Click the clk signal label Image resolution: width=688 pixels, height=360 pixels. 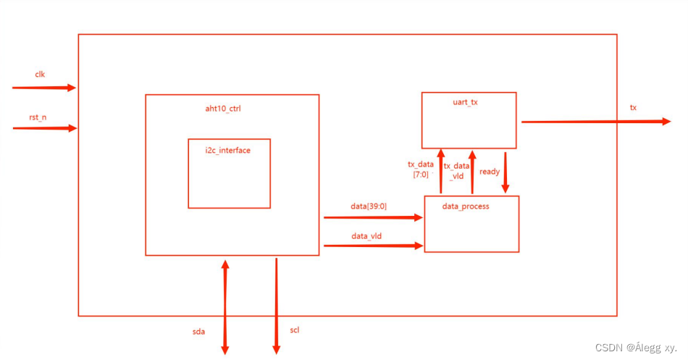[x=41, y=75]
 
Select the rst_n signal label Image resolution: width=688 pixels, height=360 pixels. [x=38, y=117]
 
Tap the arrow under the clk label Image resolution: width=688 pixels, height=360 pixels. [x=43, y=88]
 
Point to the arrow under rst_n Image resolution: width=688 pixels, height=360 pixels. [x=43, y=128]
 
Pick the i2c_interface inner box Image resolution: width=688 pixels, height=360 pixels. [x=229, y=173]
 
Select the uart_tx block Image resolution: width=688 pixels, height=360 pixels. [x=469, y=120]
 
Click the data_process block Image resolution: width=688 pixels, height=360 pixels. [x=471, y=224]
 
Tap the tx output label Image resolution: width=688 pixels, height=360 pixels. [x=633, y=107]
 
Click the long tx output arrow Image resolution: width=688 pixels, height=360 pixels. [x=595, y=122]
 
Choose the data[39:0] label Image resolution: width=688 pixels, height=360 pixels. [x=369, y=206]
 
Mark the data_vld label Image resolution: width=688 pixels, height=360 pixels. [x=366, y=236]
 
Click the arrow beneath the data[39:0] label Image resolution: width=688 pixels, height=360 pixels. [x=373, y=217]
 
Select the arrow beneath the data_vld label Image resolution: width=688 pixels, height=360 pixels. [x=373, y=246]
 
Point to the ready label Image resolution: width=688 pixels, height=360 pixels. [x=490, y=172]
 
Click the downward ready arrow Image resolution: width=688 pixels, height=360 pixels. [x=505, y=172]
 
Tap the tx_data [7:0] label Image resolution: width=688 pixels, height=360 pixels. [x=420, y=169]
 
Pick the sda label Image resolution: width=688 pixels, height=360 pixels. [x=198, y=332]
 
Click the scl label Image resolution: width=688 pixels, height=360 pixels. [x=294, y=330]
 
